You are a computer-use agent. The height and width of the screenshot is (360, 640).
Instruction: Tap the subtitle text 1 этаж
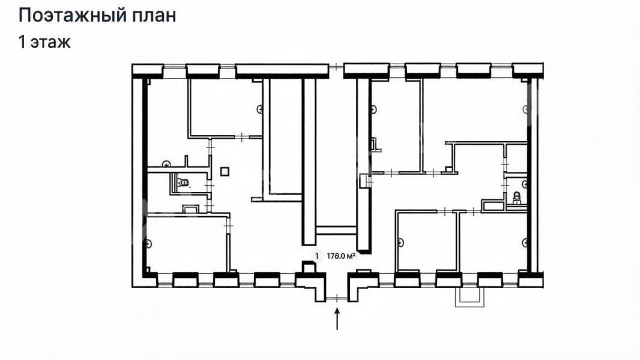44,42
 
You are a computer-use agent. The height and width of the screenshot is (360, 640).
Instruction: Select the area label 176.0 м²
340,256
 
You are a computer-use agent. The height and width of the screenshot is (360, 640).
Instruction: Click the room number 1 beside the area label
316,256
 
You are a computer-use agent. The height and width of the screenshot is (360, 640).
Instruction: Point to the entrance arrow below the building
337,319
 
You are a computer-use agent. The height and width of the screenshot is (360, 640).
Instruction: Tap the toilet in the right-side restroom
516,198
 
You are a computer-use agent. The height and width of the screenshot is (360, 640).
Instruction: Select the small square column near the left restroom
225,171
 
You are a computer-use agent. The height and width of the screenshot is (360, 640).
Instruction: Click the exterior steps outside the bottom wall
470,296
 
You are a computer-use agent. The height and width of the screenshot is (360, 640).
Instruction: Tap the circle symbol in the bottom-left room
148,244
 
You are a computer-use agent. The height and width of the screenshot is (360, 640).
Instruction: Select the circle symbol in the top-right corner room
527,109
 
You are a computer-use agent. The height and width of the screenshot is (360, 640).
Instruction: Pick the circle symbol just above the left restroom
166,164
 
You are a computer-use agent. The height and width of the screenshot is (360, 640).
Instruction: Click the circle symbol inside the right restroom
525,184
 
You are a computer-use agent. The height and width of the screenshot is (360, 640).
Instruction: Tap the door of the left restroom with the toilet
210,186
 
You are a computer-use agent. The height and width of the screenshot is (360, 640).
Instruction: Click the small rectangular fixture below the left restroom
190,209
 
